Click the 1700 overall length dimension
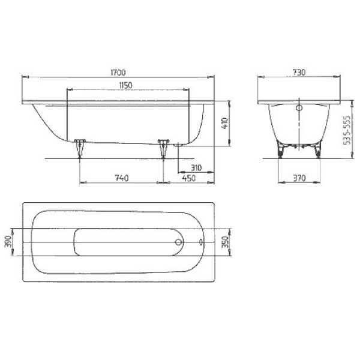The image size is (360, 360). click(118, 72)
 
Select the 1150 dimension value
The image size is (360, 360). click(125, 85)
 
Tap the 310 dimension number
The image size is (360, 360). click(193, 167)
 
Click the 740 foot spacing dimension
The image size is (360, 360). click(122, 178)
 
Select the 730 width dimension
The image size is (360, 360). click(299, 72)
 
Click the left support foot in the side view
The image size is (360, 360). click(80, 148)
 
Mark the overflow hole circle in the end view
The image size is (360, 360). click(299, 109)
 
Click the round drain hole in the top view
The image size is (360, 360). click(178, 243)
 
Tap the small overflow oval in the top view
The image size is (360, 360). click(200, 243)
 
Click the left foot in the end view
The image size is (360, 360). click(280, 151)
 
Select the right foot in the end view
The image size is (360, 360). click(317, 151)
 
